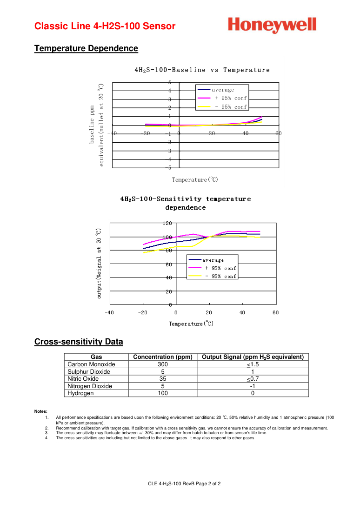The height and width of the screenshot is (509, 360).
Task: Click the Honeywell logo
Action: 272,25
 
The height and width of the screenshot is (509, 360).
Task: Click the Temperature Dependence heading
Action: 86,48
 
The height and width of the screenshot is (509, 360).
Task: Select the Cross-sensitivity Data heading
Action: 79,342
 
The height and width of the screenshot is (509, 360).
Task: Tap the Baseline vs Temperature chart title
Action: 202,70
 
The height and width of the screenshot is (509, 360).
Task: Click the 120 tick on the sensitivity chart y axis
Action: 167,223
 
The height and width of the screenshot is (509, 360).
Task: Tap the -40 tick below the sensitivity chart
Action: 109,312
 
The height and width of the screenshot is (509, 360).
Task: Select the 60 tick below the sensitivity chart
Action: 275,312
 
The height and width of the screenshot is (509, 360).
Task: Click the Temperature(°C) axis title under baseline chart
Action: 195,179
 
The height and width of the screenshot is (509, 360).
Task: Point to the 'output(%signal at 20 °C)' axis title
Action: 99,263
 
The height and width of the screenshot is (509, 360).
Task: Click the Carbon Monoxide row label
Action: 91,364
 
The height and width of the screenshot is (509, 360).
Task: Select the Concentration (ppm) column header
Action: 163,357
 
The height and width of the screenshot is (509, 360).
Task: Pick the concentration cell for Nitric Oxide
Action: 163,379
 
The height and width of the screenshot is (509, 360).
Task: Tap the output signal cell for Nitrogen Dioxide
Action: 253,386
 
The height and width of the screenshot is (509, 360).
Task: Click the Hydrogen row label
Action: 80,393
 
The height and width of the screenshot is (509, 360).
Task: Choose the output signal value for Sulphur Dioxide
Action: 253,372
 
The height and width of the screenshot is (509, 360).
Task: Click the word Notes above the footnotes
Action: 41,411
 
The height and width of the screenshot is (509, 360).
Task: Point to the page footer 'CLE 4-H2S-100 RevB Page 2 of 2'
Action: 184,484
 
